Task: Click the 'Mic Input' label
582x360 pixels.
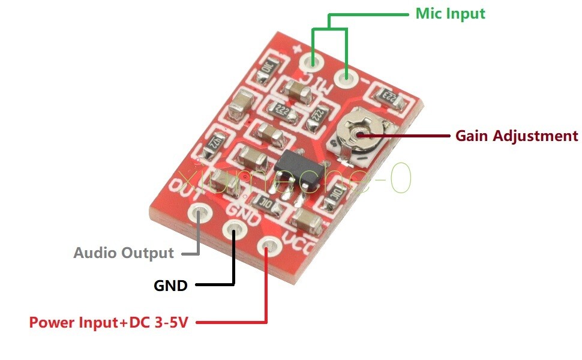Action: [450, 13]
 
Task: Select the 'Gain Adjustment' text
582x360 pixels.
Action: [517, 136]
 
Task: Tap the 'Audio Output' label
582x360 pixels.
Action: [124, 253]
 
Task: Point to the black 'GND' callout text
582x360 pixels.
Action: [170, 286]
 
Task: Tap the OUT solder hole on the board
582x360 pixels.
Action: [199, 212]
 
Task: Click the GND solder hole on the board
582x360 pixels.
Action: [234, 229]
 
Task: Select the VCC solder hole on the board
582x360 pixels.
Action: [268, 245]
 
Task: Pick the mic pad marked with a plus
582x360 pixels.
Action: [312, 61]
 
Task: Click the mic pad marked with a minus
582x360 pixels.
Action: [346, 77]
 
